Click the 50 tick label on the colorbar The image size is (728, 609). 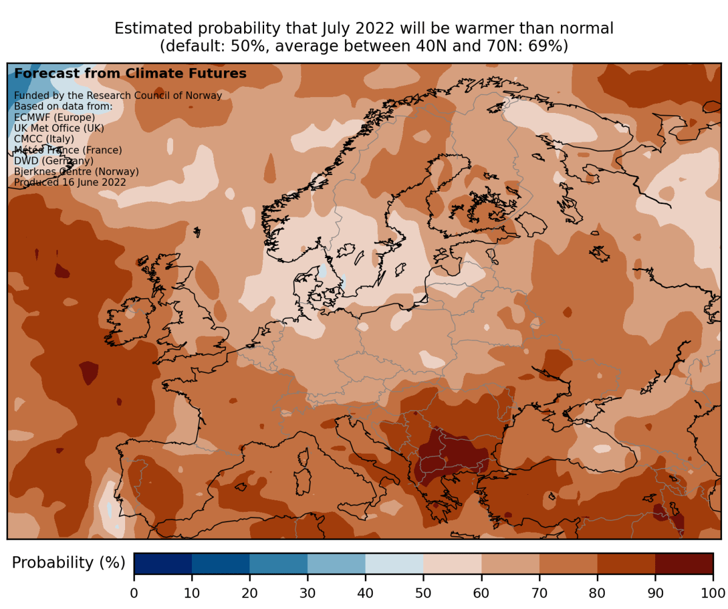423,592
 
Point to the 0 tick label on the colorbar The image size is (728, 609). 134,592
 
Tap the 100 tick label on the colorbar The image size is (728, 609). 712,592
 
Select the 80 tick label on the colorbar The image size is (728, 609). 597,592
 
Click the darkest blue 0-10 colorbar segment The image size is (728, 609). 163,563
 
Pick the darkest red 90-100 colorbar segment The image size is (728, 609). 684,563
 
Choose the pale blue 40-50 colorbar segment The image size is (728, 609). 394,563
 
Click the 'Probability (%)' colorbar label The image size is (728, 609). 69,563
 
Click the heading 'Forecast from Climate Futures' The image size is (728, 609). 130,73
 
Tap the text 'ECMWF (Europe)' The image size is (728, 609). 54,117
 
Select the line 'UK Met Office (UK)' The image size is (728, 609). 59,128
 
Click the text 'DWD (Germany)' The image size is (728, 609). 53,161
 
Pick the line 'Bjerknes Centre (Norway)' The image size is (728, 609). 76,172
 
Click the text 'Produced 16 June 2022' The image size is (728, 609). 70,182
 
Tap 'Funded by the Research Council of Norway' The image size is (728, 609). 118,95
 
